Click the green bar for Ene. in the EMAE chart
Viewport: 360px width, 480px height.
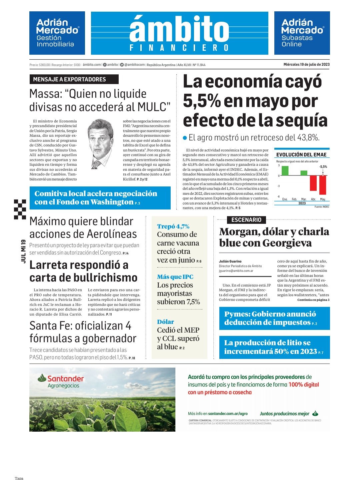[285, 171]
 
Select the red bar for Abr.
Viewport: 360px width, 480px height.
[313, 183]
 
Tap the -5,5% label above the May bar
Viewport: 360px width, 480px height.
[323, 167]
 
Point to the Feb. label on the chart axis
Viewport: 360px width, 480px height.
[294, 199]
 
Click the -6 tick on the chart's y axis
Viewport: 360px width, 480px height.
[279, 196]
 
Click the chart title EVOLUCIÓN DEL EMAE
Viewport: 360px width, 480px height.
[301, 155]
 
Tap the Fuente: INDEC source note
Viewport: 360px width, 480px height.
[322, 207]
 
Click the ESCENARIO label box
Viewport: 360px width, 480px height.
[246, 220]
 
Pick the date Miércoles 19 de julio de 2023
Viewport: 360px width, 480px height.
[306, 65]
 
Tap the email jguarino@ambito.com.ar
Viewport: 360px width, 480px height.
[236, 271]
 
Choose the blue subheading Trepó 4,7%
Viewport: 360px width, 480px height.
[173, 226]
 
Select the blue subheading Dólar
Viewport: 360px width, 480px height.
[166, 322]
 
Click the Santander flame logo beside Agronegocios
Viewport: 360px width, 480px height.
[42, 378]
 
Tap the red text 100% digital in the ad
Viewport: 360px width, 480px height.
[304, 385]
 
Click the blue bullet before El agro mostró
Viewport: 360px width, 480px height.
[185, 137]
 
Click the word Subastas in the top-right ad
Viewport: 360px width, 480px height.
[297, 38]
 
